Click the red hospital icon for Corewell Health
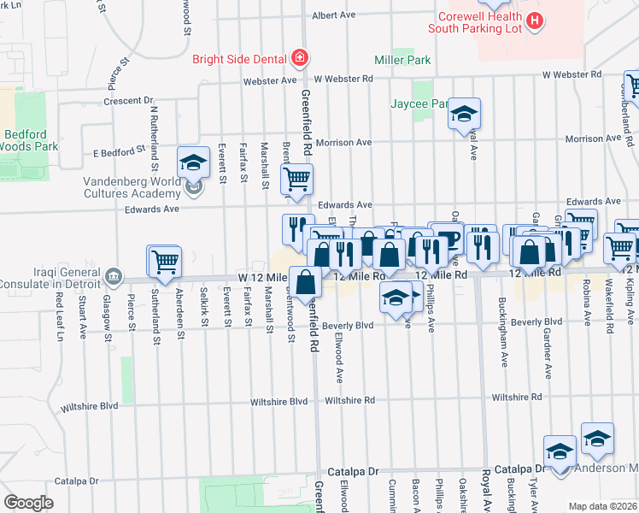pos(535,20)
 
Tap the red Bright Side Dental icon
pos(299,59)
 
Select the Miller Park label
pos(402,61)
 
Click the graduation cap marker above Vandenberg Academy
pos(194,162)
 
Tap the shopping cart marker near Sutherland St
pos(165,262)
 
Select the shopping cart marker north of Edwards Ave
pos(296,179)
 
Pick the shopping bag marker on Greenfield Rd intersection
pos(305,281)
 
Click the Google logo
pos(28,502)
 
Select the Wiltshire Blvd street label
pos(278,400)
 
